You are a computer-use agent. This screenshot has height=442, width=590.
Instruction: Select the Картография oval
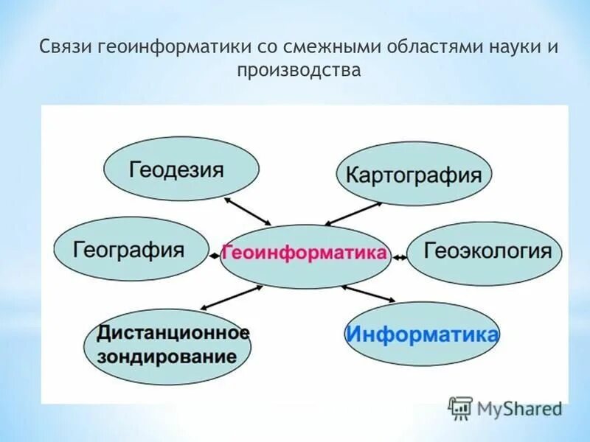point(414,175)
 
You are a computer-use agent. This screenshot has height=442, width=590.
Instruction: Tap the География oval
point(131,250)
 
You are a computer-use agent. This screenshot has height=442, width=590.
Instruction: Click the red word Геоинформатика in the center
point(304,253)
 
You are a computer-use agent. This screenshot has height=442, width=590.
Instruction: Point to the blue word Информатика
point(422,334)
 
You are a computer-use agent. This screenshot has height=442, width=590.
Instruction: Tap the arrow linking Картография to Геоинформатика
point(353,214)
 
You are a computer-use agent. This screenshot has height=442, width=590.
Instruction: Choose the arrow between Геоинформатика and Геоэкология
point(399,256)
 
